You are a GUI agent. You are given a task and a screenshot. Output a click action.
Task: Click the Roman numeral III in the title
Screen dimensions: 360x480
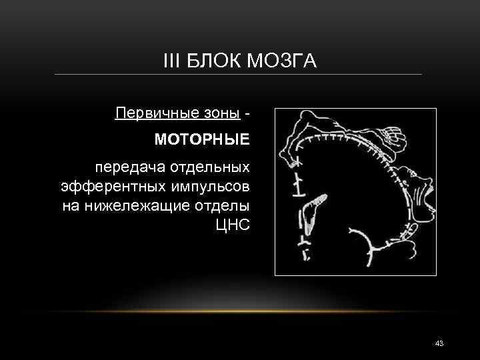coord(171,62)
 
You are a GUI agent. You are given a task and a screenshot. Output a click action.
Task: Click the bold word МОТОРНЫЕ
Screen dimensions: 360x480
coord(202,141)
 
